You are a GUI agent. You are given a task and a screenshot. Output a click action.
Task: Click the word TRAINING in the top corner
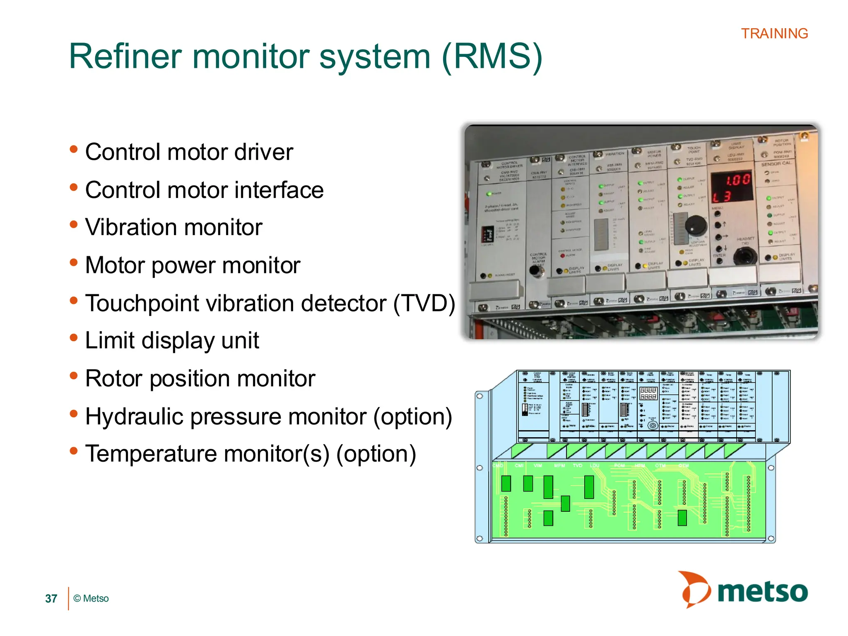(x=774, y=34)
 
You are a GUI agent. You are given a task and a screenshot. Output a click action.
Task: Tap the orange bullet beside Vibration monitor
(x=74, y=224)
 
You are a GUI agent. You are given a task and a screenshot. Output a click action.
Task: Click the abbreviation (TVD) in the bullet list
(x=424, y=303)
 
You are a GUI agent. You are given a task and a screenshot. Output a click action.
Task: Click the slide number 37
(x=51, y=599)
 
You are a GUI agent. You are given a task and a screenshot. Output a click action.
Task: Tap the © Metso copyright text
(x=91, y=599)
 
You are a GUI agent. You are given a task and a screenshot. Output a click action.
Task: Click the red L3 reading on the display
(x=722, y=197)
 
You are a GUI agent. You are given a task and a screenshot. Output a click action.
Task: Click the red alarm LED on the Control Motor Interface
(x=563, y=256)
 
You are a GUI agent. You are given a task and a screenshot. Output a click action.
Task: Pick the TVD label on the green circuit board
(x=577, y=466)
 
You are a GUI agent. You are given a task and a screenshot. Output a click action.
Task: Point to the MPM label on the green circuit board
(x=559, y=466)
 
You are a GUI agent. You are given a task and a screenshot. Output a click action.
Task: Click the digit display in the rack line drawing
(x=648, y=393)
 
